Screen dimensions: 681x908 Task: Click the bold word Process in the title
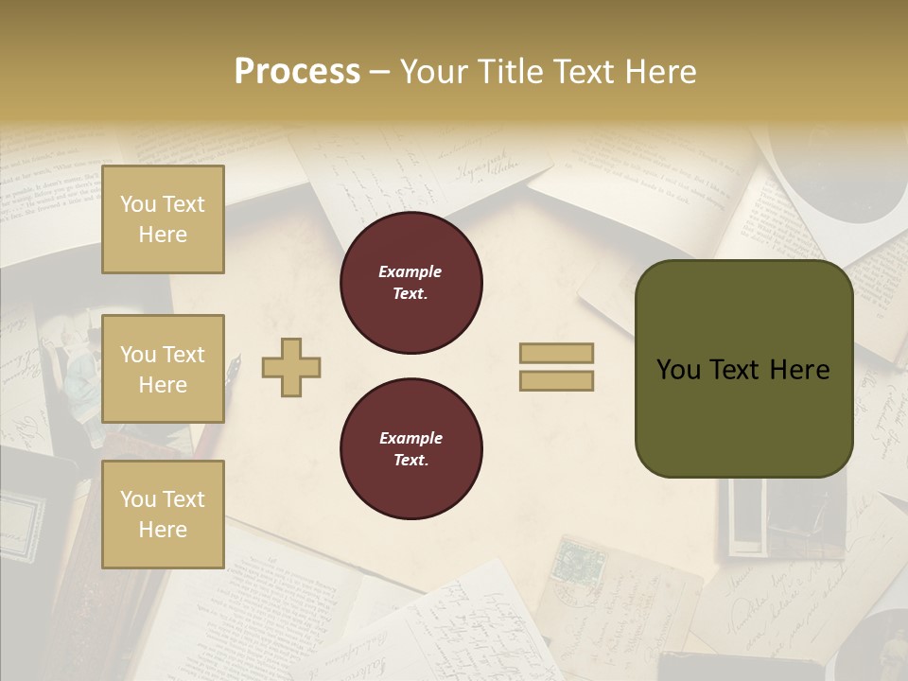(297, 72)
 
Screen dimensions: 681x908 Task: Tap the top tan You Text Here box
(163, 219)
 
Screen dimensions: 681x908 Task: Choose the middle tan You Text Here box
(163, 369)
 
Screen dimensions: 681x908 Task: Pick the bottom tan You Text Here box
(163, 514)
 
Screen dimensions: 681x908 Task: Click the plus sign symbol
(291, 367)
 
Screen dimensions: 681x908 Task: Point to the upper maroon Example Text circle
(410, 283)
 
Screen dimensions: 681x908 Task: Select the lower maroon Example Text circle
(410, 449)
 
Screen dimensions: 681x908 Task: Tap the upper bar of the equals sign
(556, 353)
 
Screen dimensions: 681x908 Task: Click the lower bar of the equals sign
(556, 380)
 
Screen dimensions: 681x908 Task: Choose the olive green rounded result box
(743, 369)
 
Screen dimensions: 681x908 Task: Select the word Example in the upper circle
(410, 271)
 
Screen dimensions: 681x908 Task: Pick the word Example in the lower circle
(410, 438)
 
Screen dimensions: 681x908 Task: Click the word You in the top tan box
(137, 204)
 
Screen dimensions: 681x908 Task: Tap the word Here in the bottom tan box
(163, 530)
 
